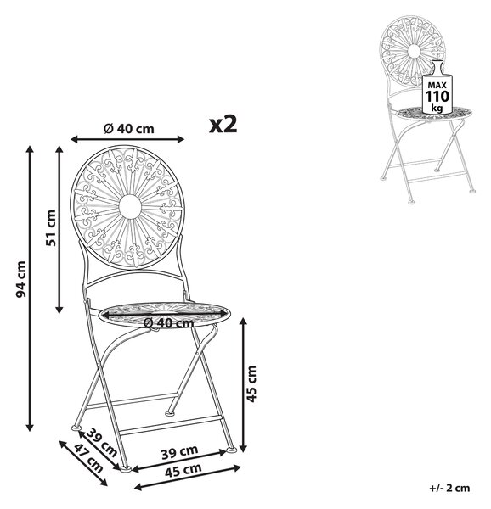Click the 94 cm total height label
21,279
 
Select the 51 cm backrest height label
51,228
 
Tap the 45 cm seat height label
251,384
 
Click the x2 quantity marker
223,124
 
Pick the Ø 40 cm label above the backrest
128,129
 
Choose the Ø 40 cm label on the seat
168,322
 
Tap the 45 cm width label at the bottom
183,470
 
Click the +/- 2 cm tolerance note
449,488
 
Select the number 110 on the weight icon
437,97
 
